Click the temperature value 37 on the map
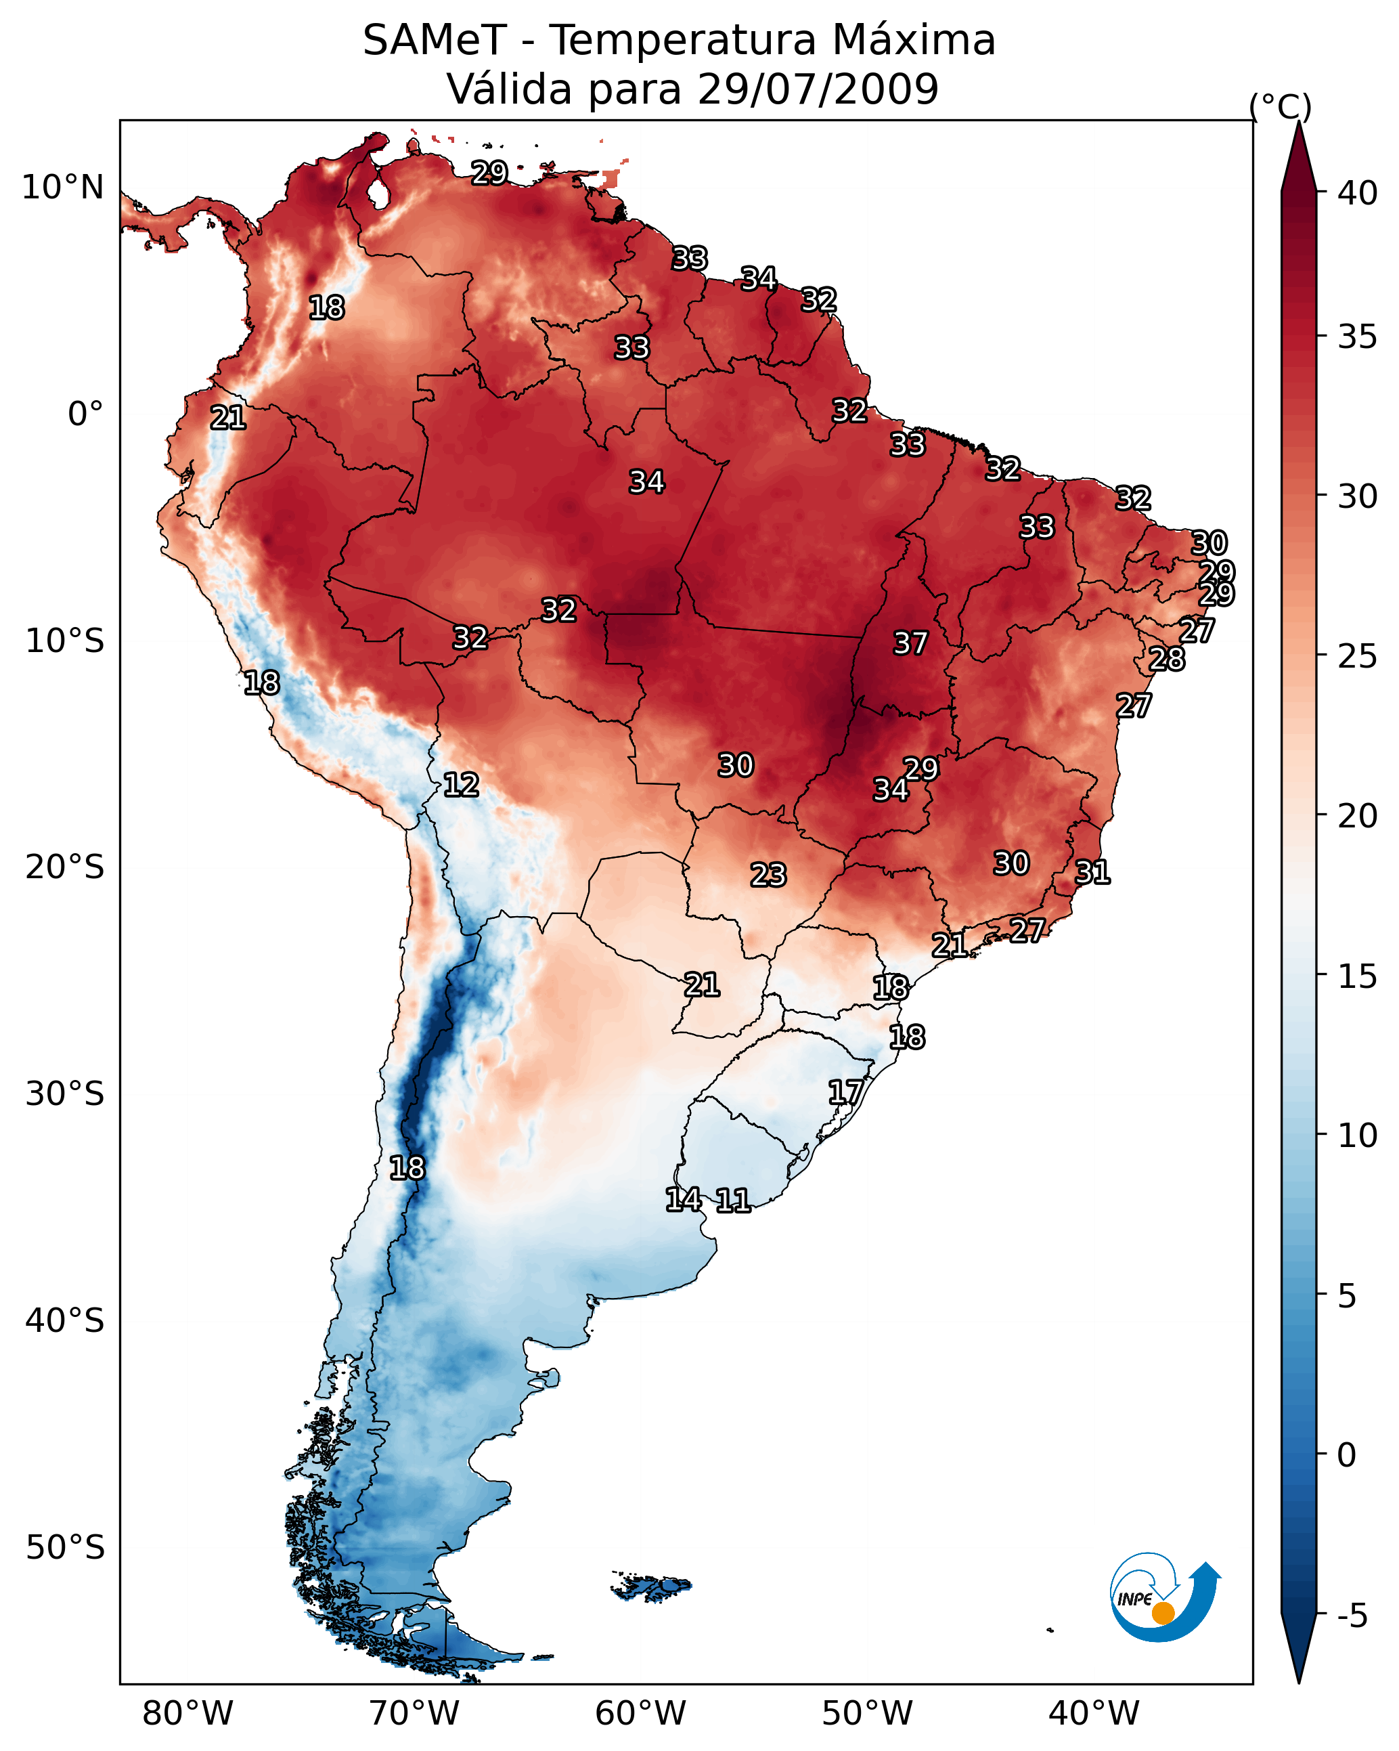pos(910,643)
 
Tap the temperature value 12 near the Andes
pos(461,785)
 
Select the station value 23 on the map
pos(768,875)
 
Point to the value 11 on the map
pos(732,1201)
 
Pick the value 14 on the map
pos(684,1200)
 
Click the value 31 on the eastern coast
pos(1092,872)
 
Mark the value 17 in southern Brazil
pos(845,1091)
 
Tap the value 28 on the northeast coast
pos(1167,659)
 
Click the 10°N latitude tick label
pos(62,188)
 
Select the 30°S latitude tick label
pos(65,1094)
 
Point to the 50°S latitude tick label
pos(65,1547)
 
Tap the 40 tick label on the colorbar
pos(1358,193)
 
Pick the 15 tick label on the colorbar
pos(1358,976)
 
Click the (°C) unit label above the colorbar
pos(1281,106)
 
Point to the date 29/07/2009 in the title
pos(818,89)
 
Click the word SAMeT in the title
pos(435,41)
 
